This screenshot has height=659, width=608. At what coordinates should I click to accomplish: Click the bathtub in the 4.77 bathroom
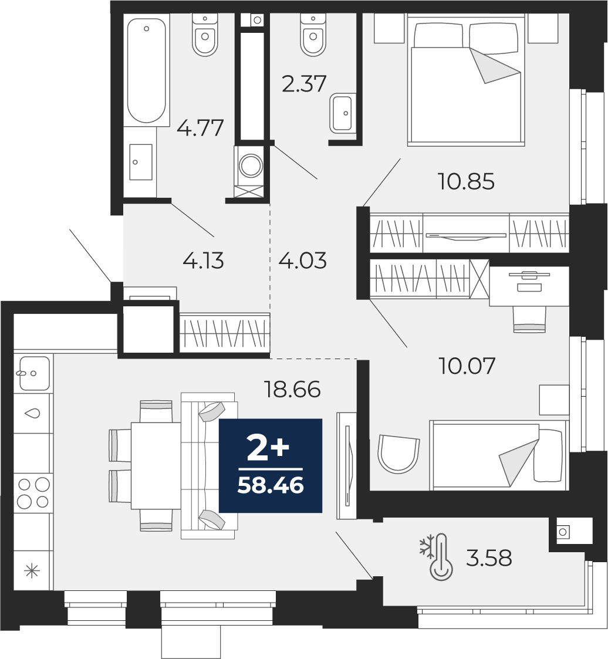coord(146,70)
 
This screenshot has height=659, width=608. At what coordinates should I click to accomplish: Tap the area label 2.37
coord(304,83)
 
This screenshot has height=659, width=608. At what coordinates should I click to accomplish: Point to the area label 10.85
coord(467,181)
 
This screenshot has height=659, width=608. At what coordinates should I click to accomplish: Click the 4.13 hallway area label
coord(204,261)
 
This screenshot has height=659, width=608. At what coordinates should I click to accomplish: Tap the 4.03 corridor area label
coord(302,261)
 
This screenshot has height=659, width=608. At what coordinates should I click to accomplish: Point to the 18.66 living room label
coord(292,389)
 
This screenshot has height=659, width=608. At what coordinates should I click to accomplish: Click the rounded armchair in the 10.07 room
coord(398,454)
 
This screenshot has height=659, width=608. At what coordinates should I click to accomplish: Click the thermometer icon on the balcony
coord(441,558)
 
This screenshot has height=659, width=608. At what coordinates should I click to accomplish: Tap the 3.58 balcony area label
coord(489,558)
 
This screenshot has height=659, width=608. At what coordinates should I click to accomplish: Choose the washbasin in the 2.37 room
coord(341,113)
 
